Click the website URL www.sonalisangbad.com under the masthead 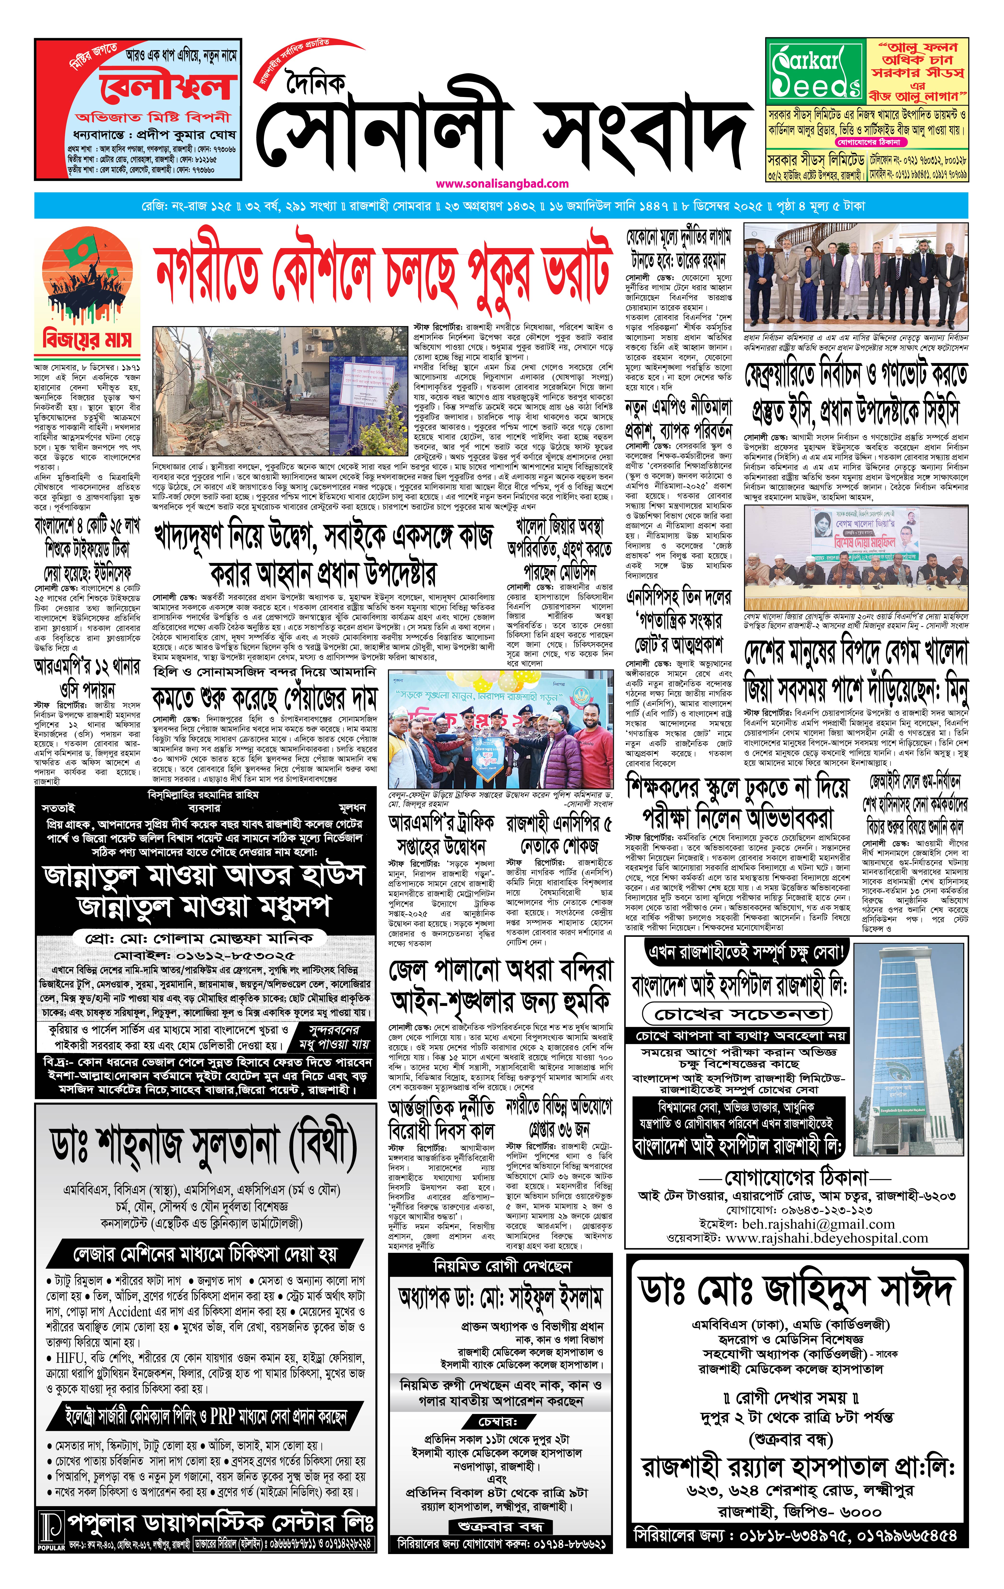click(502, 183)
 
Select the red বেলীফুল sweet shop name click(168, 86)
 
